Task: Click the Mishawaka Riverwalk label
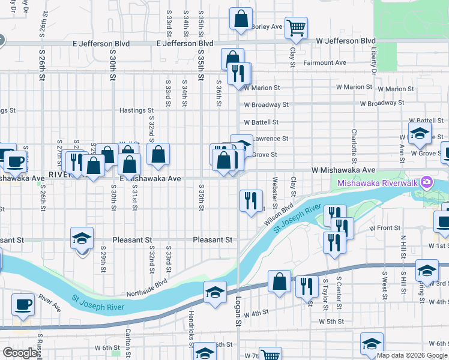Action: coord(378,183)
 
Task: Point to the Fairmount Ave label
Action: coord(325,62)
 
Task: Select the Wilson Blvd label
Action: coord(279,214)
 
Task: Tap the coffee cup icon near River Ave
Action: coord(23,304)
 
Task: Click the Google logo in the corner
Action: coord(20,353)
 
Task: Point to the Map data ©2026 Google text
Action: coord(412,356)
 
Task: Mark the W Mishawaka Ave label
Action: coord(343,170)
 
